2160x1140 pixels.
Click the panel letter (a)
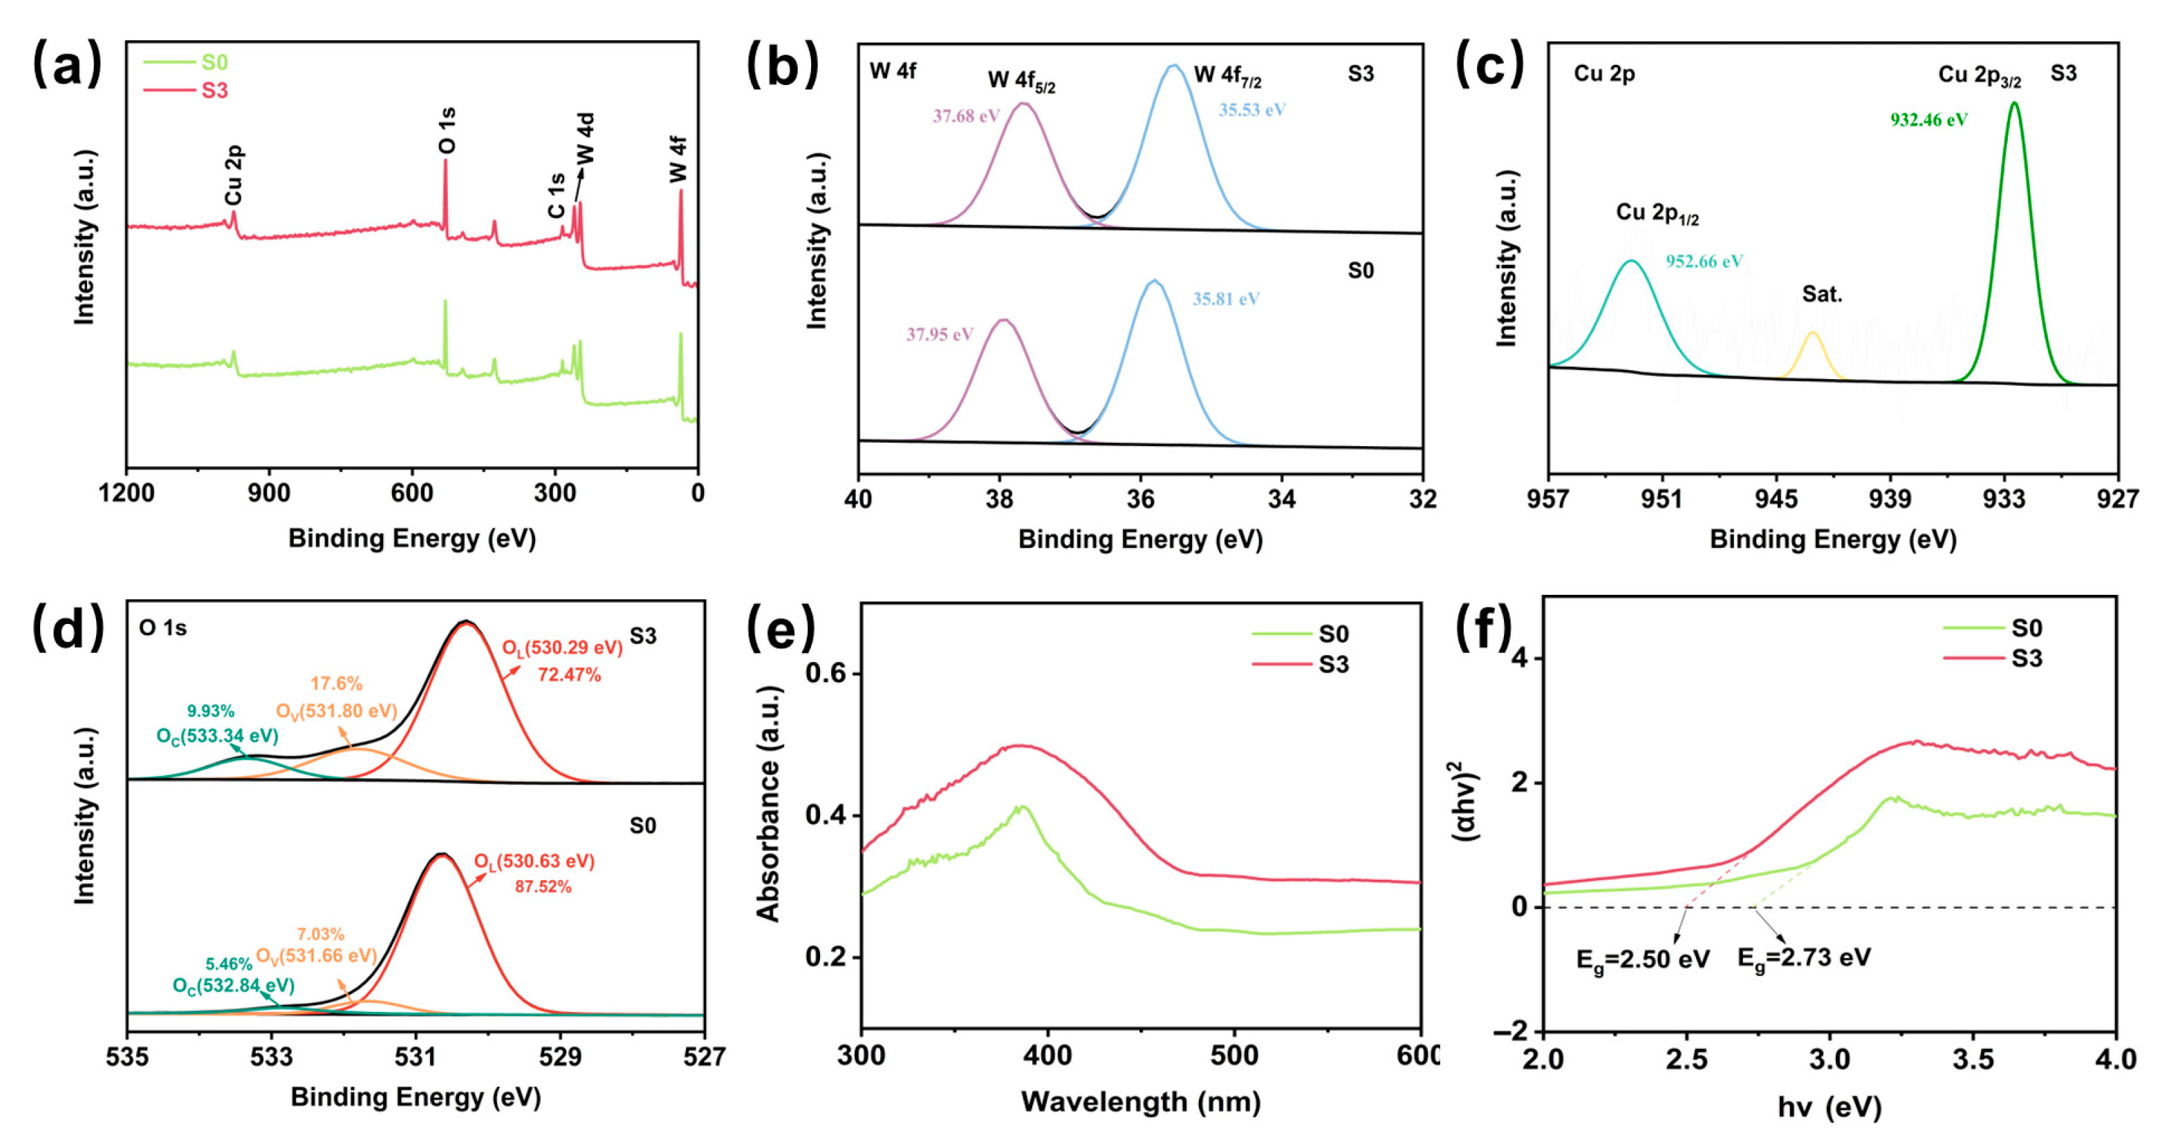pyautogui.click(x=67, y=66)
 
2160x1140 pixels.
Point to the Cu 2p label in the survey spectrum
pyautogui.click(x=233, y=175)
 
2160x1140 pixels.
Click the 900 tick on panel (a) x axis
pyautogui.click(x=269, y=493)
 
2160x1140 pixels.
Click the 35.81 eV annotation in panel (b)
pyautogui.click(x=1225, y=300)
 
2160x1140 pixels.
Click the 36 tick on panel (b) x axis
pyautogui.click(x=1140, y=499)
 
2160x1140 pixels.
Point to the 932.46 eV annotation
pyautogui.click(x=1928, y=120)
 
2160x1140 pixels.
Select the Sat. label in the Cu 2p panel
pyautogui.click(x=1821, y=295)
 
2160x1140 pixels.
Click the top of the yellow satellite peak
pyautogui.click(x=1813, y=334)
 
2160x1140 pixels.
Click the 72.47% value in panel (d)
pyautogui.click(x=568, y=675)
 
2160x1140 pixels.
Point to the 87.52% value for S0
pyautogui.click(x=543, y=887)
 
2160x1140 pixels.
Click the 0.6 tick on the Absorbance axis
pyautogui.click(x=825, y=674)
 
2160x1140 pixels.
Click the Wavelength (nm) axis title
pyautogui.click(x=1140, y=1101)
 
